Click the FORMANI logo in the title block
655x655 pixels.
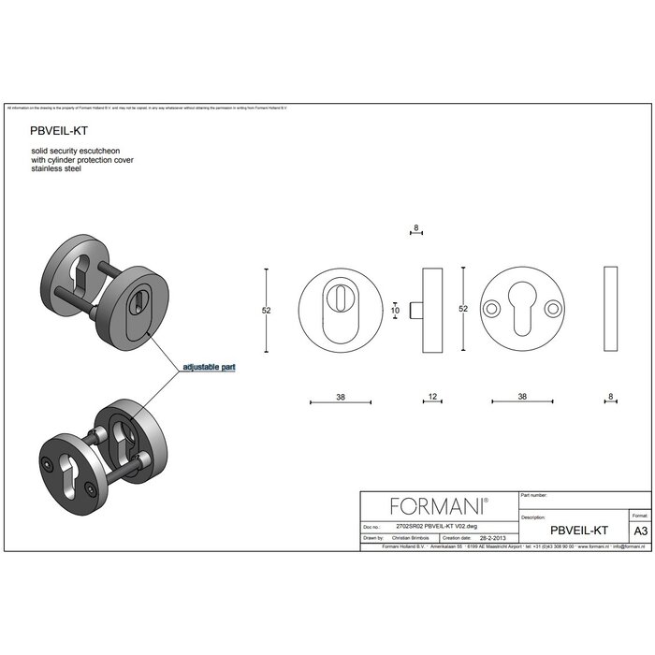click(439, 506)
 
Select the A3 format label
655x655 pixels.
click(640, 530)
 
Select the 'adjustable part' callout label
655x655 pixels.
click(209, 368)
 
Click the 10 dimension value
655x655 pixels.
click(395, 310)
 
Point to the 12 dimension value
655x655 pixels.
click(432, 397)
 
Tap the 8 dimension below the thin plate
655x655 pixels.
click(610, 397)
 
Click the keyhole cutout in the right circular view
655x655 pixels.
click(521, 308)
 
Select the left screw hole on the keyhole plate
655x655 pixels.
click(491, 308)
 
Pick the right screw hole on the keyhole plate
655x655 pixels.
click(552, 308)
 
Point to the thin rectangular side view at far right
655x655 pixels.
click(611, 309)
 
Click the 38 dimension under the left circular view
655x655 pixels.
click(341, 397)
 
